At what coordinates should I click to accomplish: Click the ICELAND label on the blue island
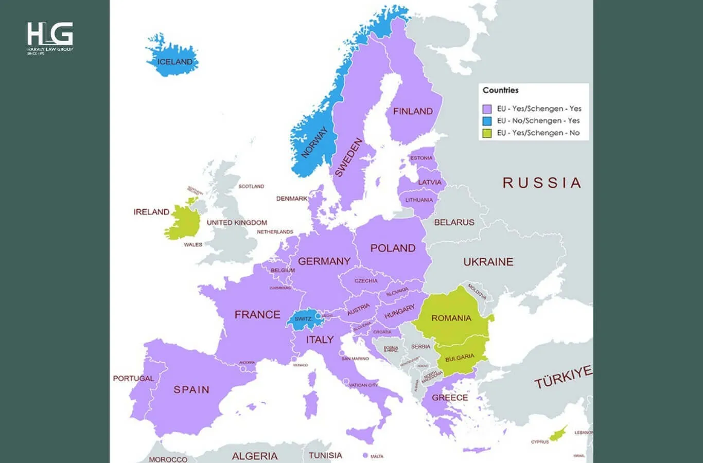175,62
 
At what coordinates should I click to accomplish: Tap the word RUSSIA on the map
541,183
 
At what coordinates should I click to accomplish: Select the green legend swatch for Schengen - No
487,133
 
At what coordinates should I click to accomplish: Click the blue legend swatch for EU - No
487,121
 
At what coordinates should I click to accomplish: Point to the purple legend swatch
487,109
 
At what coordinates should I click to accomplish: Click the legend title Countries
500,90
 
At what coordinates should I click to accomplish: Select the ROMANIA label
451,318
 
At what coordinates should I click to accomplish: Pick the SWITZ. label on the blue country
303,318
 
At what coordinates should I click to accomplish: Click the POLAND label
393,248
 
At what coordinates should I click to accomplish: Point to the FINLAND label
413,111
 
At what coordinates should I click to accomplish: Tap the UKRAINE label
488,262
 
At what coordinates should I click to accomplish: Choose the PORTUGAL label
133,378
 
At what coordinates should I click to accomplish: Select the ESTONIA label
421,158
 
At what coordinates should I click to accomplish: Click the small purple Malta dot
365,455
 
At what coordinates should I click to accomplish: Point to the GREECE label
450,398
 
